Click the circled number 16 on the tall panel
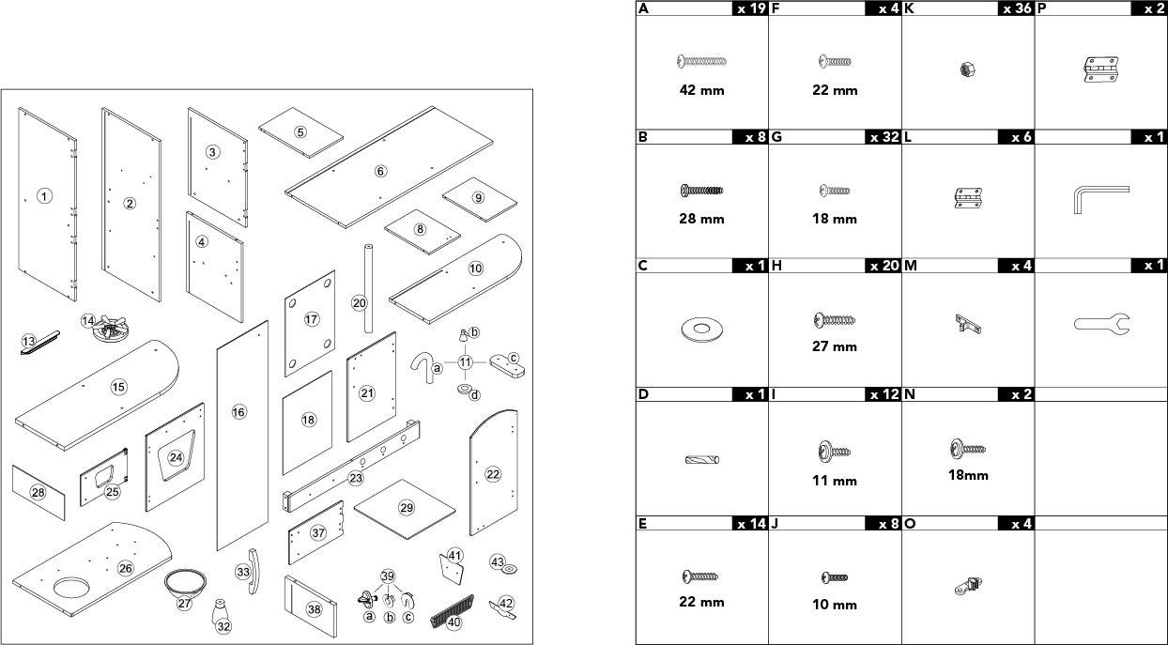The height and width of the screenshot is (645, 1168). pyautogui.click(x=238, y=412)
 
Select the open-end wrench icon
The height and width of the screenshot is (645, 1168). pyautogui.click(x=1101, y=325)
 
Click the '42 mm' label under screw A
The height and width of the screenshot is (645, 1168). pyautogui.click(x=701, y=91)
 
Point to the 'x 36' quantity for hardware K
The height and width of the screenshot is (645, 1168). pyautogui.click(x=1014, y=8)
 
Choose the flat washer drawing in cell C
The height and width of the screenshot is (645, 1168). pyautogui.click(x=700, y=329)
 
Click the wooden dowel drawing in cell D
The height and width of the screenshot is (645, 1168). pyautogui.click(x=701, y=460)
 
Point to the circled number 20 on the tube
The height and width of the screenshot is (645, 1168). pyautogui.click(x=359, y=302)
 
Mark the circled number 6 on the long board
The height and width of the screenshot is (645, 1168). pyautogui.click(x=380, y=171)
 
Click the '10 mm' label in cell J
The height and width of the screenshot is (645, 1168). pyautogui.click(x=834, y=605)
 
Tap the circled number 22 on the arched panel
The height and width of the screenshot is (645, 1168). pyautogui.click(x=493, y=474)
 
